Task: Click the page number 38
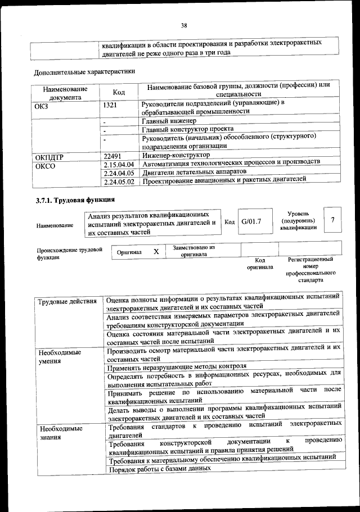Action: pyautogui.click(x=183, y=25)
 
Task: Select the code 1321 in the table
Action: pyautogui.click(x=111, y=105)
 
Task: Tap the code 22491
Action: pyautogui.click(x=114, y=155)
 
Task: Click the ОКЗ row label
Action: pyautogui.click(x=42, y=105)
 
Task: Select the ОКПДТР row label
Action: pyautogui.click(x=51, y=156)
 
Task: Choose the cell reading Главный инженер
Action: pyautogui.click(x=169, y=120)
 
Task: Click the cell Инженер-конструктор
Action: pyautogui.click(x=175, y=155)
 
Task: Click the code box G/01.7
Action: pyautogui.click(x=251, y=222)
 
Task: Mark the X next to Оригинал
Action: pyautogui.click(x=156, y=252)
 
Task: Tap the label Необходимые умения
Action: pyautogui.click(x=60, y=357)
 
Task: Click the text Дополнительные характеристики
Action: pyautogui.click(x=84, y=72)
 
